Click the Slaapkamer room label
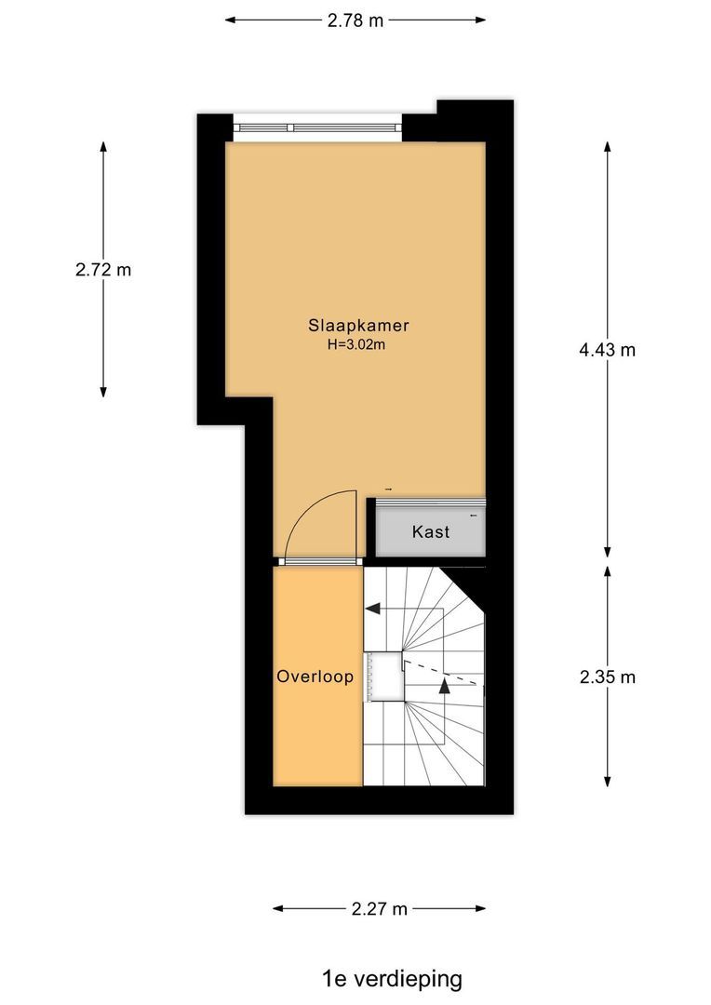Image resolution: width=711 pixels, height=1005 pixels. click(x=359, y=326)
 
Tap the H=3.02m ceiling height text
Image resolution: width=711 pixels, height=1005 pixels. click(x=355, y=344)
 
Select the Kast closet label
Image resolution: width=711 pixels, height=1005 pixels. click(x=431, y=532)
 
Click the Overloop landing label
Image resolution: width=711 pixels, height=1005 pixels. click(x=315, y=677)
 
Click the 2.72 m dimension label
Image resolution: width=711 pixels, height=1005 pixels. click(x=103, y=271)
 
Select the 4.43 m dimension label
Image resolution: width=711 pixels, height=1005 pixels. click(x=607, y=350)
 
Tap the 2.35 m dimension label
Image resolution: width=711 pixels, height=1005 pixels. click(x=607, y=677)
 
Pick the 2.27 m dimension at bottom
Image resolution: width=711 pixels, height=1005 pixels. click(x=380, y=909)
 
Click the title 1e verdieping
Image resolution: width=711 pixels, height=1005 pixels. click(x=392, y=978)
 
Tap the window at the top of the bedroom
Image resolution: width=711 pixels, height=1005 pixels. click(x=316, y=127)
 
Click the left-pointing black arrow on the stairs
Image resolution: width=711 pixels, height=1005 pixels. click(x=373, y=610)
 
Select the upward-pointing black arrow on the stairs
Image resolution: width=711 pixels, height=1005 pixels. click(x=445, y=687)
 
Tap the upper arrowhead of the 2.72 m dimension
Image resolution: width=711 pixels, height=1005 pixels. click(x=103, y=147)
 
